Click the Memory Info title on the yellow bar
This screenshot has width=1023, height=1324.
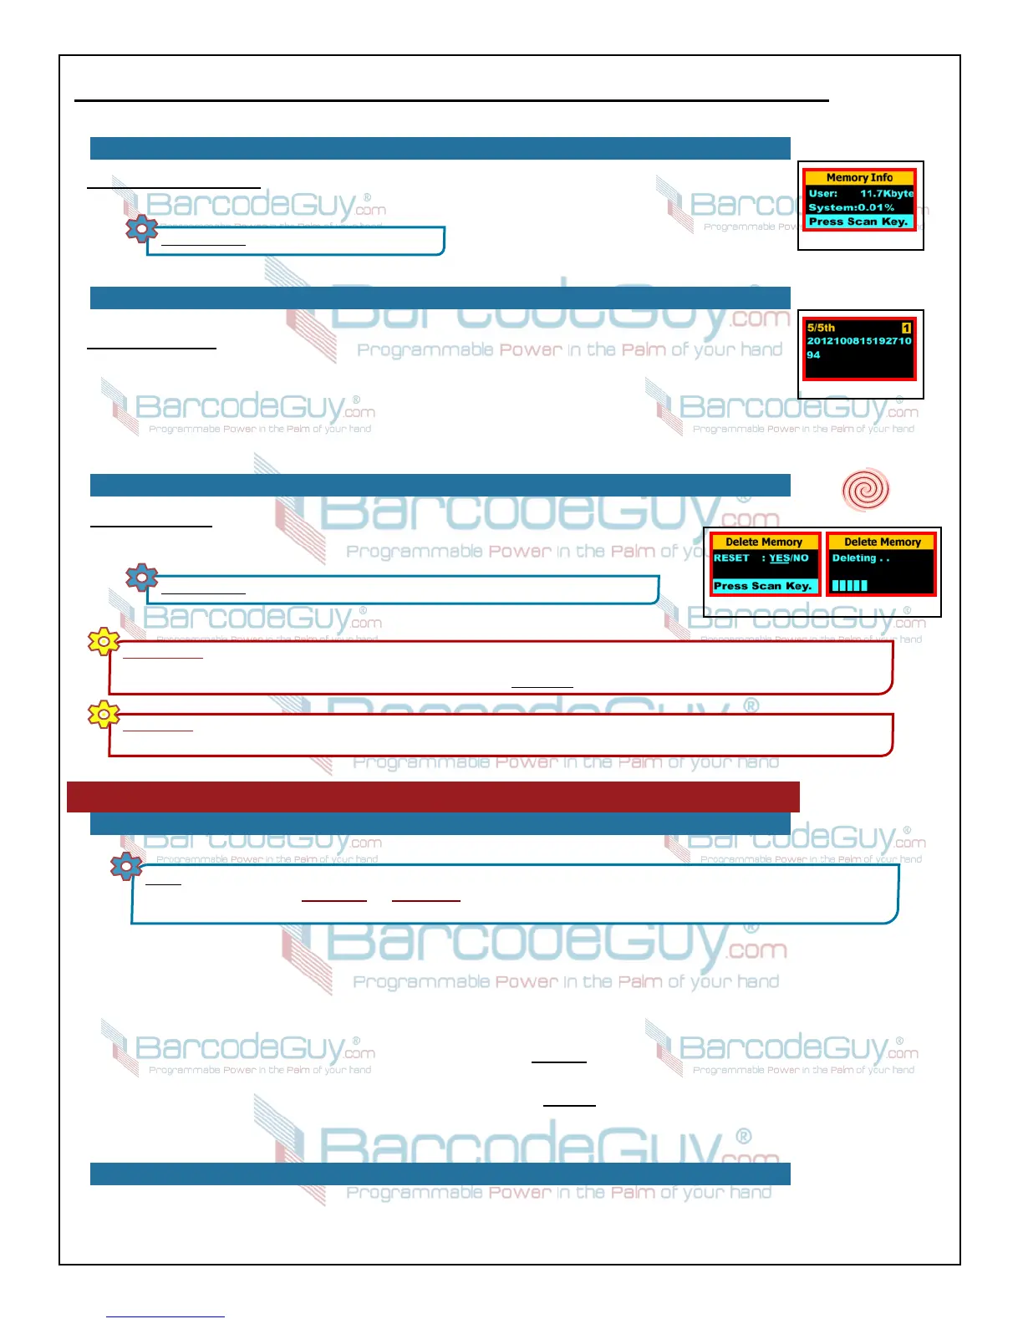point(859,177)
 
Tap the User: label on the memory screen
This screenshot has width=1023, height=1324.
point(823,193)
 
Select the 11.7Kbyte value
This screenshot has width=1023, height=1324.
point(887,193)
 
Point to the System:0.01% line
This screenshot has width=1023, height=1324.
point(851,207)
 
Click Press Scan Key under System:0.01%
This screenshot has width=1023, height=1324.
point(858,222)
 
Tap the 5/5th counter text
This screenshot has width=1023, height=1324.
point(821,328)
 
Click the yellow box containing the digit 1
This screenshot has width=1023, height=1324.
point(906,328)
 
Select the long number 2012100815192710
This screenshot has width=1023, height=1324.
point(858,341)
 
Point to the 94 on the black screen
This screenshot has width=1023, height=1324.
point(813,354)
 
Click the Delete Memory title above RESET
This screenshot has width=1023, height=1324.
point(764,542)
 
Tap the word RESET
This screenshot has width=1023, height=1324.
point(731,558)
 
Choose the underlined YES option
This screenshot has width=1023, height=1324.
point(779,558)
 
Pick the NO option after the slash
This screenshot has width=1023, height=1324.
point(801,558)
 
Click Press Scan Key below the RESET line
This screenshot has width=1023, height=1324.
point(763,586)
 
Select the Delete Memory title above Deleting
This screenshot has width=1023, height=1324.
point(883,542)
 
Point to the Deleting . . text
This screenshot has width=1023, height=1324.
point(860,558)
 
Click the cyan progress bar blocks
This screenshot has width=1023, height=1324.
point(849,585)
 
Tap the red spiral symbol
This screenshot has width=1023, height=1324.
point(865,489)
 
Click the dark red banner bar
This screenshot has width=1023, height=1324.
point(433,797)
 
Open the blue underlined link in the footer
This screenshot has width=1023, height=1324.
point(165,1316)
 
